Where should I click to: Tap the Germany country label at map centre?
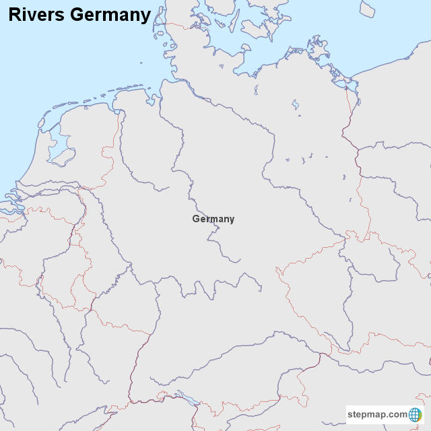[213, 219]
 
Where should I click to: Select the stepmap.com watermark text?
[376, 414]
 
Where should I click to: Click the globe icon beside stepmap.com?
[415, 414]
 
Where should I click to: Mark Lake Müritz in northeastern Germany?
[295, 104]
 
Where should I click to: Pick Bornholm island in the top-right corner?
[367, 9]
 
